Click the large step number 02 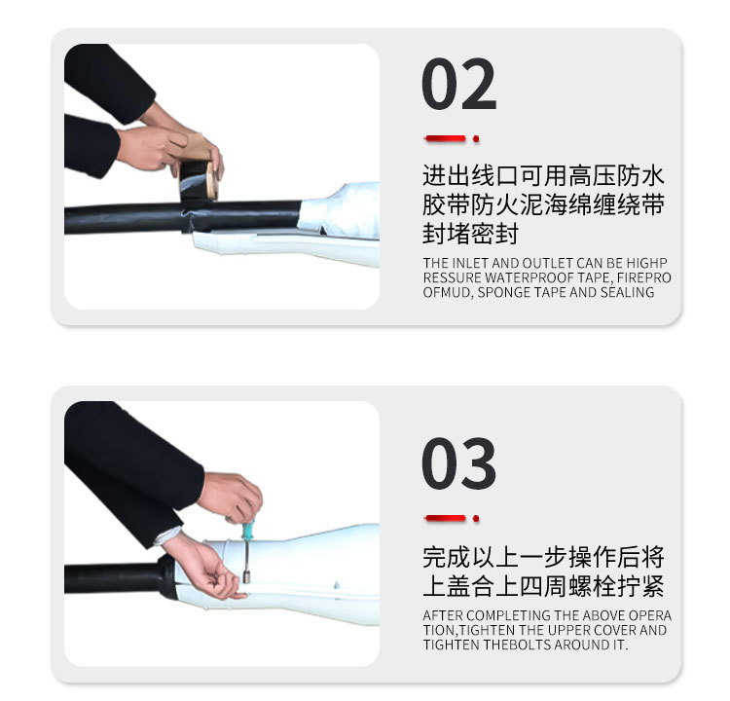[x=458, y=85]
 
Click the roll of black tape [x=199, y=180]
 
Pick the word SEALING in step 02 [x=627, y=292]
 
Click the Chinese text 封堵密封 [x=471, y=235]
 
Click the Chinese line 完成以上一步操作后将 [x=544, y=557]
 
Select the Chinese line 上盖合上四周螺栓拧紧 [x=544, y=586]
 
